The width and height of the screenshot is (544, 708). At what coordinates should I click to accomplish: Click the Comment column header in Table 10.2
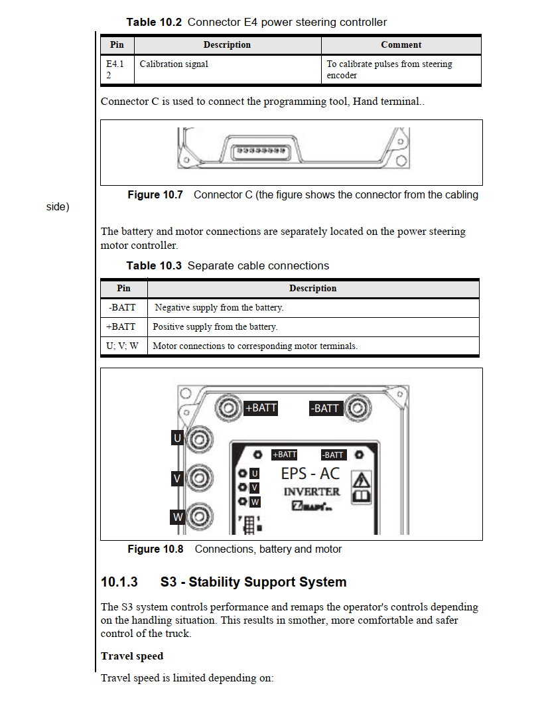coord(401,44)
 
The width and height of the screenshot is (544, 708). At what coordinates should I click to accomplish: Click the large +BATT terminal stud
coord(228,408)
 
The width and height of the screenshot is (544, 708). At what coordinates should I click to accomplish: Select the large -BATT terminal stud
coord(358,408)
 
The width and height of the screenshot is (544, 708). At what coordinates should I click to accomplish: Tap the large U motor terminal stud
coord(200,439)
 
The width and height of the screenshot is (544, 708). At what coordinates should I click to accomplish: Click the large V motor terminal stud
coord(200,478)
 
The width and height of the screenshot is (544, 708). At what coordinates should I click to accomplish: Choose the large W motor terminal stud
coord(200,516)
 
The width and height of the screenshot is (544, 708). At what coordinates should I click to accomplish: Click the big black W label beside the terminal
coord(177,517)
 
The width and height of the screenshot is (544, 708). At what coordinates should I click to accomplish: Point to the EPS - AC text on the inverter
coord(310,474)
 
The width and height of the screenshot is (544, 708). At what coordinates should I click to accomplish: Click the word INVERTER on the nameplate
coord(312,492)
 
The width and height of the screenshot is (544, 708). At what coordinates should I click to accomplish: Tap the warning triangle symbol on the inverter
coord(361,480)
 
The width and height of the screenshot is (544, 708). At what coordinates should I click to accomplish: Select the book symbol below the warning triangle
coord(361,497)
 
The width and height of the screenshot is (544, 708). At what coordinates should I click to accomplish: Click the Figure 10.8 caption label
coord(155,549)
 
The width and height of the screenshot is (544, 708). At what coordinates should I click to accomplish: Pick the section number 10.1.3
coord(119,582)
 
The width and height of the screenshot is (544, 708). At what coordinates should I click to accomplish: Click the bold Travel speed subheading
coord(132,656)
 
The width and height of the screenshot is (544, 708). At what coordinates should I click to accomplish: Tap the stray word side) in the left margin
coord(58,207)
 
